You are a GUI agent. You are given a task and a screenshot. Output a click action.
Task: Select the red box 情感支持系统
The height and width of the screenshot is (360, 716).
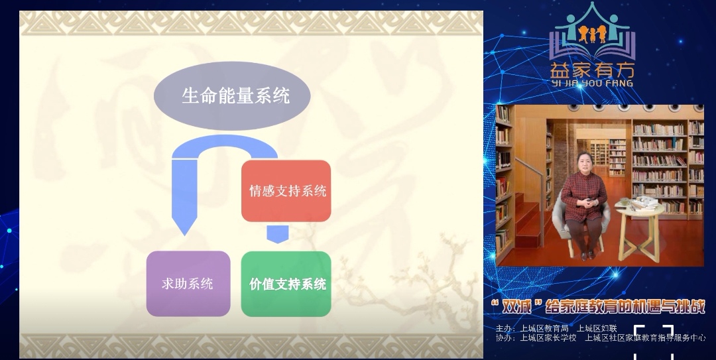(x=286, y=191)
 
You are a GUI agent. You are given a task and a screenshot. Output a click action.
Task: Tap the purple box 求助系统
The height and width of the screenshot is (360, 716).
(x=188, y=284)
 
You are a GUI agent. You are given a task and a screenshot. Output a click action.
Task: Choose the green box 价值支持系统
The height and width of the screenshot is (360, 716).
(x=286, y=284)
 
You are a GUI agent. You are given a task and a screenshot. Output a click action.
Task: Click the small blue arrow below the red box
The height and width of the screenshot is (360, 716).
(x=277, y=234)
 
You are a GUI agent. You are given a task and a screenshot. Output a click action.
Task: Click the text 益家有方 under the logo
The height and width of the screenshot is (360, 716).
(x=592, y=70)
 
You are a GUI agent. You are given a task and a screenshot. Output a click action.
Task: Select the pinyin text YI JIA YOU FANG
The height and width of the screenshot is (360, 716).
(x=592, y=83)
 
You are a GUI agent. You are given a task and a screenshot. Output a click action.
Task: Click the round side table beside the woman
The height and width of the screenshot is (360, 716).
(x=640, y=225)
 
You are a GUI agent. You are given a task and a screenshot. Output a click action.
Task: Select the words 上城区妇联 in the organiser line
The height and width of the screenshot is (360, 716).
(x=597, y=329)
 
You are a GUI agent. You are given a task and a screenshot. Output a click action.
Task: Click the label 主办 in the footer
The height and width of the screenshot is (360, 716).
(x=505, y=329)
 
